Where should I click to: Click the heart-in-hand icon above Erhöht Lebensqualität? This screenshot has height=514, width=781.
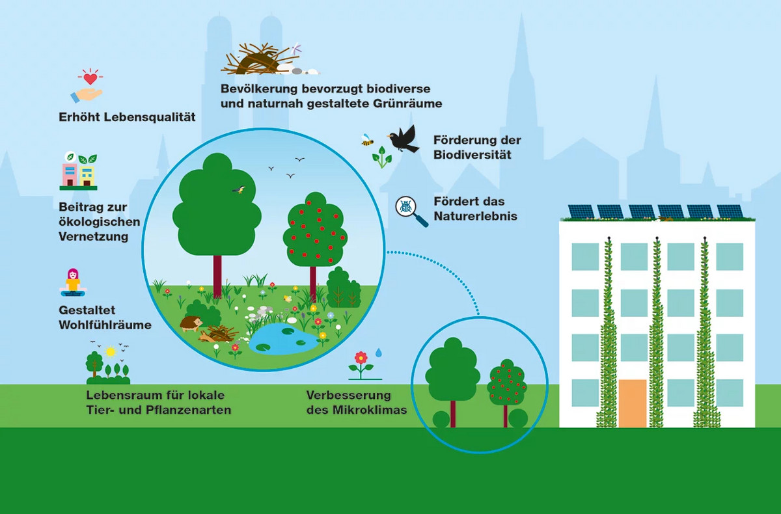coord(87,87)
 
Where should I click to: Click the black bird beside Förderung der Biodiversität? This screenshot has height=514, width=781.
coord(404,139)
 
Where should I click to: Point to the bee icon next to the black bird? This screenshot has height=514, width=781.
coord(367,139)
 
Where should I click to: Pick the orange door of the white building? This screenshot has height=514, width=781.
coord(632,403)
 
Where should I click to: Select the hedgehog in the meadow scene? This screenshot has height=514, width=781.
coord(191,324)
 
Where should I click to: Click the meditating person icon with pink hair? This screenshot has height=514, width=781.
coord(73,282)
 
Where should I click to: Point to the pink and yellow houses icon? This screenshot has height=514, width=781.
coord(79,172)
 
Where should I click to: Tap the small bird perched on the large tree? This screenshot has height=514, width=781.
coord(240,189)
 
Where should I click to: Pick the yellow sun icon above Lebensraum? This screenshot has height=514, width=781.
coord(111,352)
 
